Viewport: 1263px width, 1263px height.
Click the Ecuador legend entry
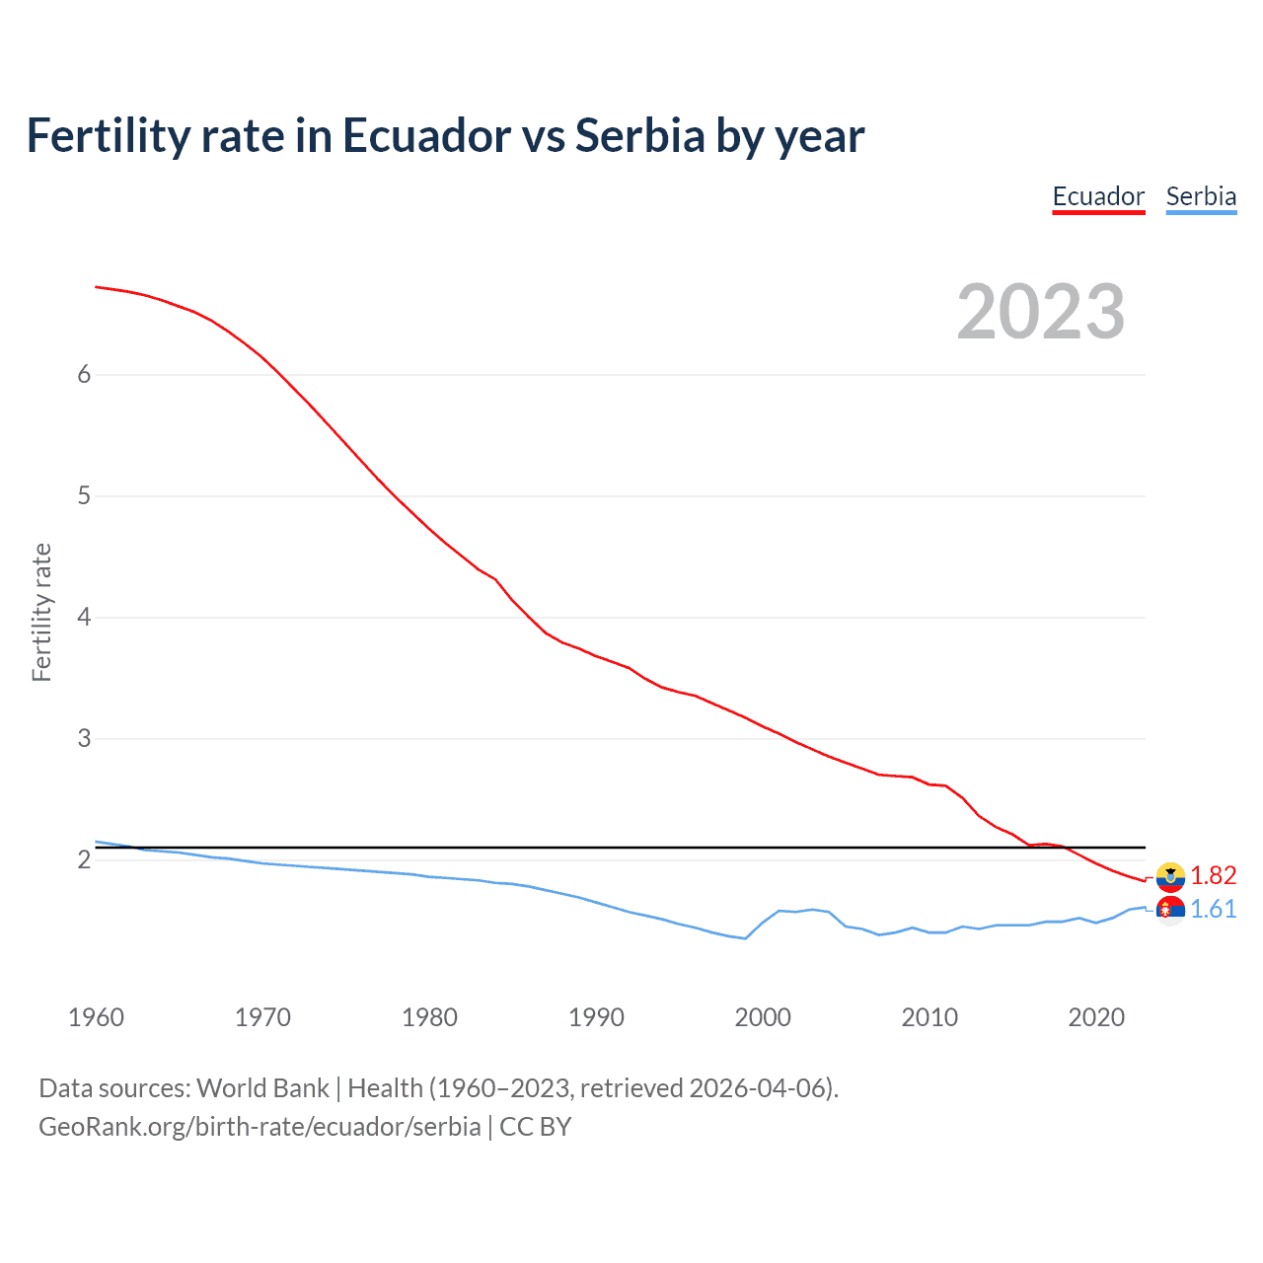pos(1098,196)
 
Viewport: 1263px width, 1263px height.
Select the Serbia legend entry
pos(1201,196)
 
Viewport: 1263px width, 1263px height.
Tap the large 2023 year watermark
pos(1041,313)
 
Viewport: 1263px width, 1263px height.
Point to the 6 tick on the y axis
pos(84,374)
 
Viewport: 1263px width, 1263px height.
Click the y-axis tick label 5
pos(84,495)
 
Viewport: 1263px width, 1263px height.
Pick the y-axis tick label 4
pos(84,617)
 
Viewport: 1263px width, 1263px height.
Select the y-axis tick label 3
pos(84,738)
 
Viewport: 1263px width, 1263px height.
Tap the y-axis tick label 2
pos(84,859)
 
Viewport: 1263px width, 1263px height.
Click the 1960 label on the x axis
pos(96,1017)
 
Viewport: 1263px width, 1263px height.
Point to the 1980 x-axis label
pos(429,1017)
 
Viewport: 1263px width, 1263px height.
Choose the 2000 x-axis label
pos(763,1017)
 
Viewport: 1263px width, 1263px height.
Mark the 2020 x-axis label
pos(1096,1017)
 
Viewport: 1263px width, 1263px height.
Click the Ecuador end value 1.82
pos(1213,876)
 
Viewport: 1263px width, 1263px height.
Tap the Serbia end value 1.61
pos(1213,910)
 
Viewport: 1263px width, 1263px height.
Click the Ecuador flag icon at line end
pos(1170,876)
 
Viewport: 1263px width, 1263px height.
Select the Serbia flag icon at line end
pos(1170,910)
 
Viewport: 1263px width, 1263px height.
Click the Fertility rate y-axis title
pos(41,612)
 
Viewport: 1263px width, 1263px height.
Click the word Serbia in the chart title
pos(639,136)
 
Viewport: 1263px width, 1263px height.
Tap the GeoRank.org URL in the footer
pos(260,1127)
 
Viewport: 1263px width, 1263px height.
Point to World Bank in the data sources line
pos(262,1088)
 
